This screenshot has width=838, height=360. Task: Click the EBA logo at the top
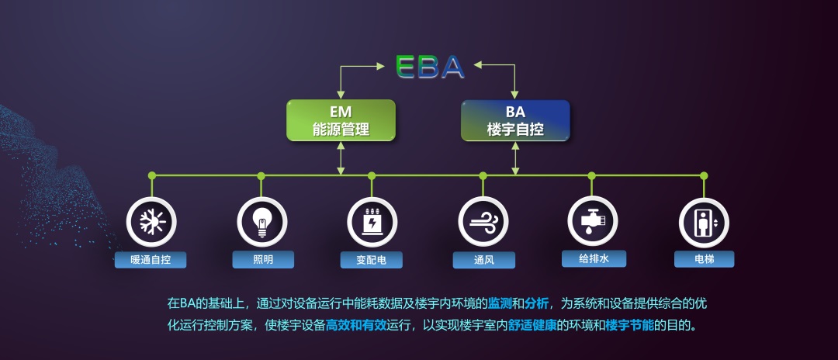coord(430,66)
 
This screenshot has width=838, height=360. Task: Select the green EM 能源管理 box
coord(341,120)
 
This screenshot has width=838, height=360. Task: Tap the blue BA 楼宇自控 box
coord(515,120)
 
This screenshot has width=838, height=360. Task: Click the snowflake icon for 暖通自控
coord(152,222)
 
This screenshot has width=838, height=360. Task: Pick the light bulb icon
coord(262,222)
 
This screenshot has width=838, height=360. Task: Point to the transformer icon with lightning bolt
coord(372,222)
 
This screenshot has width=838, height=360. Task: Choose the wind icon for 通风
coord(483,222)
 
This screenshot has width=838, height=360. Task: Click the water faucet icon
coord(592,222)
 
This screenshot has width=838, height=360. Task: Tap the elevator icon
coord(704,223)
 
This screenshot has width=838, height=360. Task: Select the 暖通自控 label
coord(151,260)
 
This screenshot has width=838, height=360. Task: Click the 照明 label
coord(263,260)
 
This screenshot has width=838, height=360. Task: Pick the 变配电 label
coord(372,260)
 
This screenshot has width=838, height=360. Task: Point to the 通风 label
coord(483,260)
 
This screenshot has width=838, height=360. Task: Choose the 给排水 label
coord(594,259)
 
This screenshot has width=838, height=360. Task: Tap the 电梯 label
coord(705,260)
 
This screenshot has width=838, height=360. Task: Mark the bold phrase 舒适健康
coord(532,325)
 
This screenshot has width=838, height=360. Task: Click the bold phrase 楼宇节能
coord(629,325)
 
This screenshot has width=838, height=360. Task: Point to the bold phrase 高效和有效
coord(356,325)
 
